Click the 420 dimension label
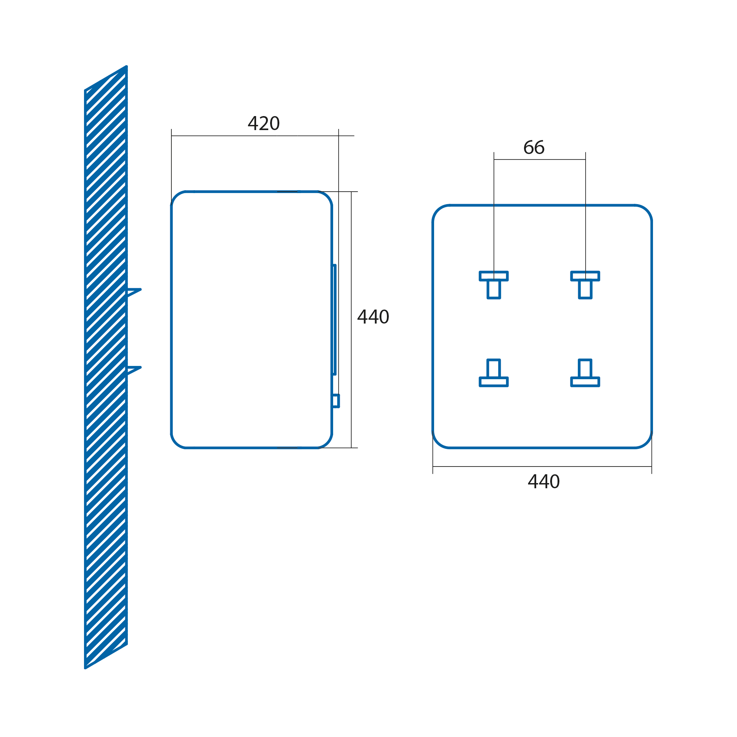[263, 123]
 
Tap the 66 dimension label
[534, 147]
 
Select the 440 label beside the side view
[373, 317]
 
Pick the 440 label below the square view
[544, 481]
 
